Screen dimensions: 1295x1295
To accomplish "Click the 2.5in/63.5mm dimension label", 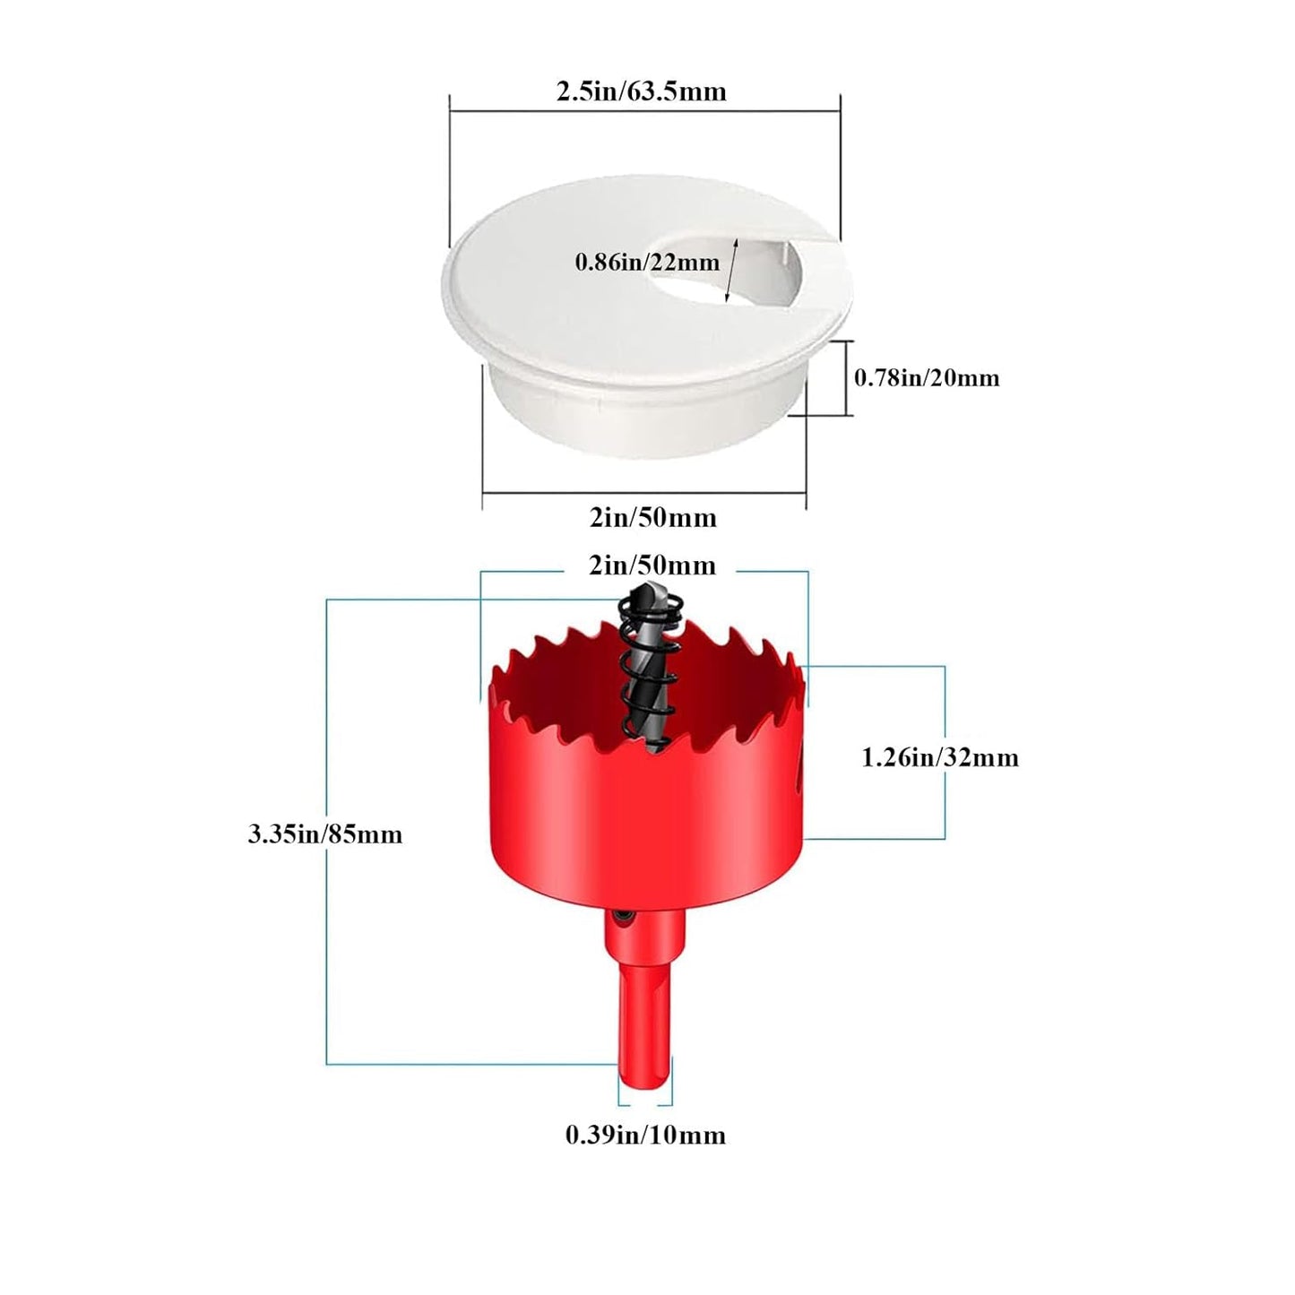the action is tap(641, 91).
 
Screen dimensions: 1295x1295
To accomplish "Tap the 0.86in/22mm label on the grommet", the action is tap(647, 262).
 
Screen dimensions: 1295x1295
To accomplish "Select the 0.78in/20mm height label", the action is tap(927, 377).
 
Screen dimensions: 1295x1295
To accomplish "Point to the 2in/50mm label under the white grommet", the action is tap(652, 517).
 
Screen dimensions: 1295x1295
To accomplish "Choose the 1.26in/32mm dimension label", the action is tap(940, 758).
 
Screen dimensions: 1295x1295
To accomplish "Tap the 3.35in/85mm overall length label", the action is tap(324, 834).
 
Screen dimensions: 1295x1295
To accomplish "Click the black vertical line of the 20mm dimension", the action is tap(846, 377).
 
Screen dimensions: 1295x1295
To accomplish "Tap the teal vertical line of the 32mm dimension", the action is tap(945, 752).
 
